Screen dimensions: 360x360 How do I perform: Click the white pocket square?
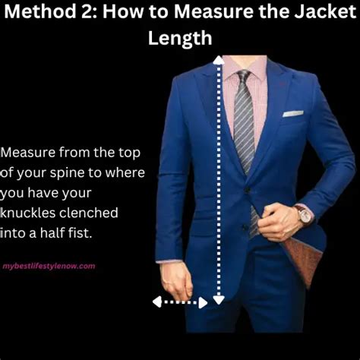point(293,115)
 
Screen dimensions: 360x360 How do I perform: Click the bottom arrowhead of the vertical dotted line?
point(218,298)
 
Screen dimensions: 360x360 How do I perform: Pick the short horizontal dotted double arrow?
point(179,302)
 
